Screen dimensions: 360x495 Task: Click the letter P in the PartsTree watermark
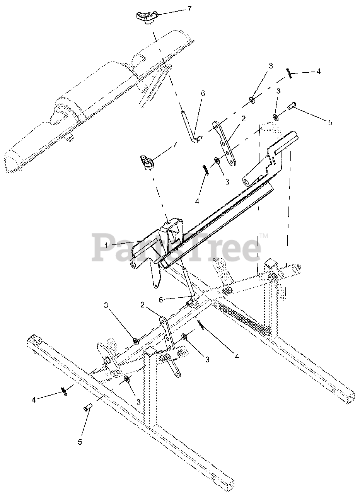[x=102, y=247]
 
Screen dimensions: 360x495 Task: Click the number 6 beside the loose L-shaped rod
[x=203, y=94]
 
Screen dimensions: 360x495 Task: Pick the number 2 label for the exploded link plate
[x=243, y=118]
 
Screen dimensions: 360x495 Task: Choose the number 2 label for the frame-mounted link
[x=142, y=305]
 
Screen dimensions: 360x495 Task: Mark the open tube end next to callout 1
[x=134, y=263]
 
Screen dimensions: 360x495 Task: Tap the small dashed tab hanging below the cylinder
[x=69, y=138]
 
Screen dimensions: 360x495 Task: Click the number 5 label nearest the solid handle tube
[x=330, y=123]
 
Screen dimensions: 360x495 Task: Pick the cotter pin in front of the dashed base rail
[x=64, y=392]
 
